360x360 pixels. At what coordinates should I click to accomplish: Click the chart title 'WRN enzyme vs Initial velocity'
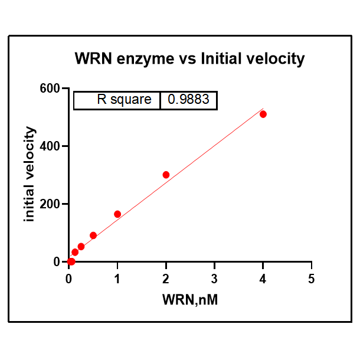click(x=189, y=59)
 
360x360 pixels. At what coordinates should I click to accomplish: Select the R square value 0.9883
click(x=188, y=100)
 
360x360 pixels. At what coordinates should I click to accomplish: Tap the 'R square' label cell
click(x=124, y=100)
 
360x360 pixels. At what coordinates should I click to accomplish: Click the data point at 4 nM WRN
click(x=263, y=114)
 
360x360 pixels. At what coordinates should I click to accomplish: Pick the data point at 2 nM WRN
click(x=166, y=175)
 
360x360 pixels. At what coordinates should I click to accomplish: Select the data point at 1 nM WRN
click(x=117, y=214)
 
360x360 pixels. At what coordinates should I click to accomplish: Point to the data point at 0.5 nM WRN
click(x=93, y=235)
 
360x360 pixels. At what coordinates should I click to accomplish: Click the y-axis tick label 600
click(x=50, y=89)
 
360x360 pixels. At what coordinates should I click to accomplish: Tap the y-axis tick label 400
click(x=50, y=146)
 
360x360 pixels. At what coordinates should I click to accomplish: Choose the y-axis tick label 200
click(x=50, y=204)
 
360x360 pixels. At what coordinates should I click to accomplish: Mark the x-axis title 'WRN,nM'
click(x=190, y=300)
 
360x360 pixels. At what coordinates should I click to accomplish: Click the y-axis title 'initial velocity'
click(x=30, y=175)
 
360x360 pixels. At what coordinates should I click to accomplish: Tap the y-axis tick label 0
click(x=57, y=262)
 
